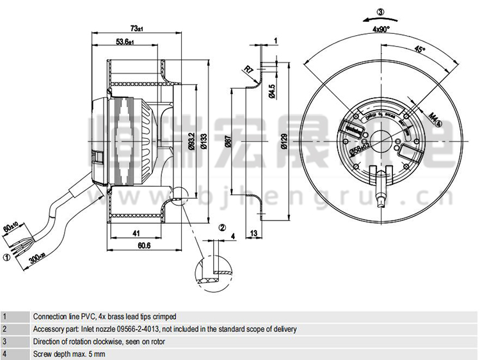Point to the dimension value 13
[255, 233]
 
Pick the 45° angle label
[419, 49]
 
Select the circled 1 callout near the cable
[7, 257]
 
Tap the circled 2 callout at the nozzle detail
[221, 227]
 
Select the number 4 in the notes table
[4, 354]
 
